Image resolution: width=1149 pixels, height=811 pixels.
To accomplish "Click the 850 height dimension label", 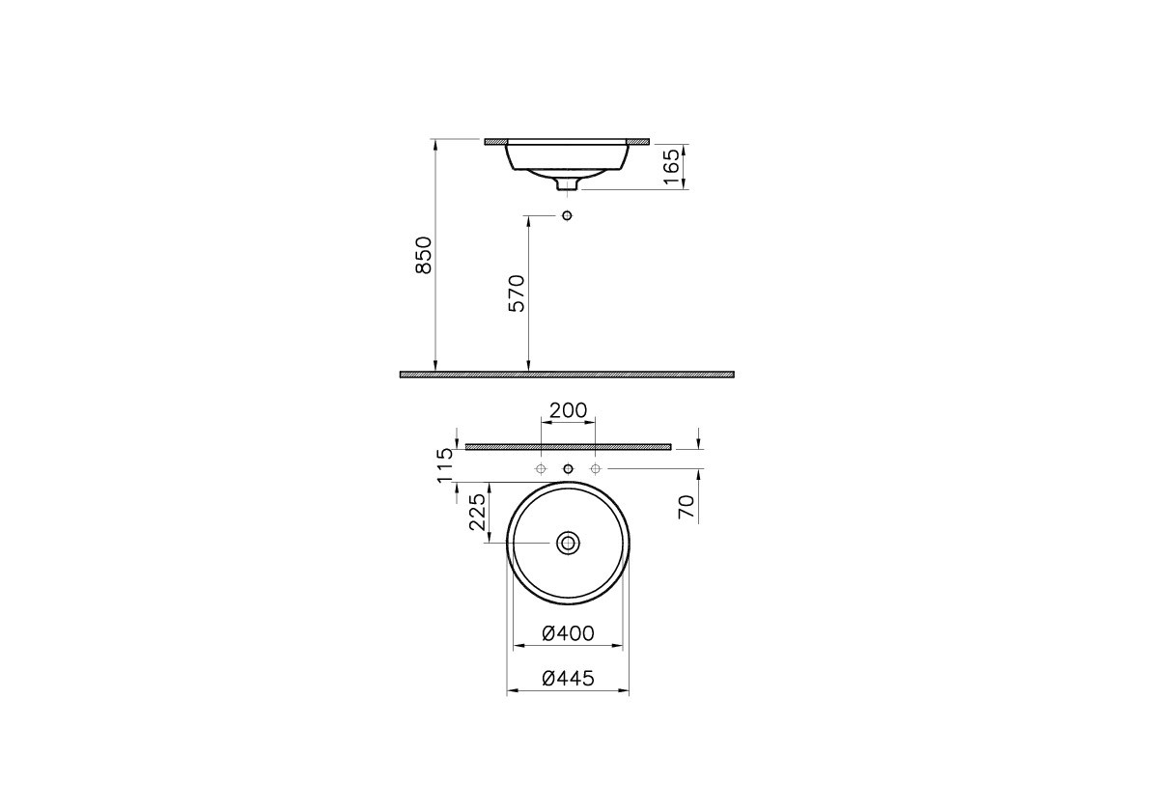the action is [424, 255].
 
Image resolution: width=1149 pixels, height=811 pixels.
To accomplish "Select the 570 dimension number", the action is [518, 294].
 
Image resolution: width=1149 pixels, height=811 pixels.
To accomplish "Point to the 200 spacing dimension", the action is [568, 410].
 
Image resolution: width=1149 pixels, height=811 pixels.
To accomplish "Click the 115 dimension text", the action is [445, 465].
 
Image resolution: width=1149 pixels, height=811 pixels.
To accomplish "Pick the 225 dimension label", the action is [477, 512].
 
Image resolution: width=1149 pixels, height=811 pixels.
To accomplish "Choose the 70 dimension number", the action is [687, 506].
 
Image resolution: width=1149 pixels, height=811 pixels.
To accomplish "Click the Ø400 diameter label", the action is [568, 633].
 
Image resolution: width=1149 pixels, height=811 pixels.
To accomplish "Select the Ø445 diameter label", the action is [568, 679].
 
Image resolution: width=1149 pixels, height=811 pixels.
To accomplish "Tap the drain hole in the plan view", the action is [568, 543].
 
